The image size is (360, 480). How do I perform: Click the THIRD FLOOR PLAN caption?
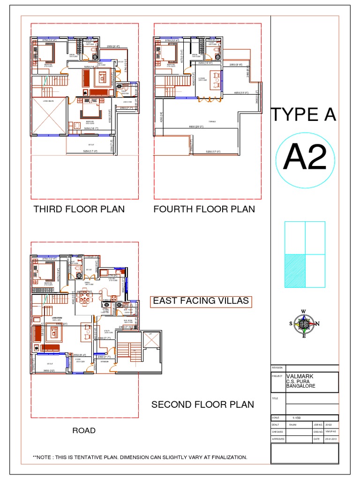[79, 209]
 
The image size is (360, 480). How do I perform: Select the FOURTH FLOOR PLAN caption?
[204, 209]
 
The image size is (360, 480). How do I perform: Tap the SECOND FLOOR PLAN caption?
[202, 404]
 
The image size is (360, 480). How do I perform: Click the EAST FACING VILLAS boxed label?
[202, 301]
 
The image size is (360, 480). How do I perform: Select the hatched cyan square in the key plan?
[295, 270]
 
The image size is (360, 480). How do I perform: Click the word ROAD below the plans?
[84, 430]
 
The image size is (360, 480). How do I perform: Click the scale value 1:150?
[297, 417]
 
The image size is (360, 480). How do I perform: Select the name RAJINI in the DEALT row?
[293, 424]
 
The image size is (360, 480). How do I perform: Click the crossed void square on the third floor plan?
[48, 116]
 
